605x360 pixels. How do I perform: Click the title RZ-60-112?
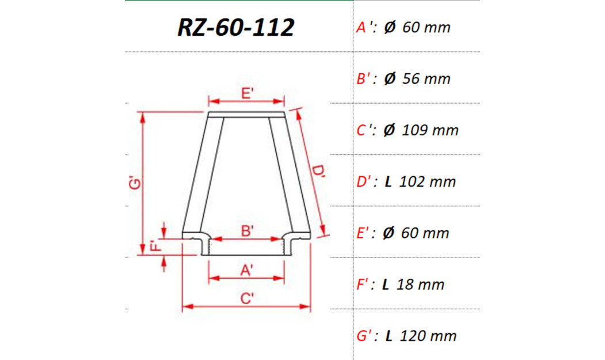point(235,27)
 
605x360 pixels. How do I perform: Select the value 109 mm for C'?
point(431,130)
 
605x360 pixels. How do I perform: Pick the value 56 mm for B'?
point(426,79)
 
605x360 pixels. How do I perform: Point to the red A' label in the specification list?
point(363,27)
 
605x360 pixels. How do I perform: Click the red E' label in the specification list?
point(363,233)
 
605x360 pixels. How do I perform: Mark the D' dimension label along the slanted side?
point(318,173)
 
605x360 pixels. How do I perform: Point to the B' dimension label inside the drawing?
point(247,231)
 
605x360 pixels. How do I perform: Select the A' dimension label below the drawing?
point(247,269)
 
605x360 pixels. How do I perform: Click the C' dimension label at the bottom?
point(247,298)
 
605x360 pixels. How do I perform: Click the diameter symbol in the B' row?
point(390,79)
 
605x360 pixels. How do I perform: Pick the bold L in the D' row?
point(388,182)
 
